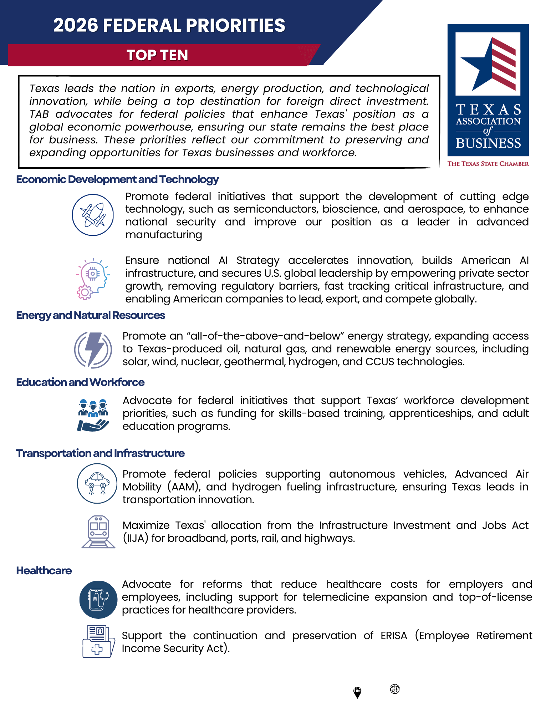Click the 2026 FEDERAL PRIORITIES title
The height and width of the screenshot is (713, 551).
[169, 26]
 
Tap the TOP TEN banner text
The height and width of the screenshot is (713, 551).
[157, 55]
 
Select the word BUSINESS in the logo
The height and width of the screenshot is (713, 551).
[488, 143]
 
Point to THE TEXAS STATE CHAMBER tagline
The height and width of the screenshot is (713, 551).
[488, 164]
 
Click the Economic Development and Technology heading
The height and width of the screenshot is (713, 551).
[117, 179]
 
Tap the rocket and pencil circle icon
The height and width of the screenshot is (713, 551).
[93, 215]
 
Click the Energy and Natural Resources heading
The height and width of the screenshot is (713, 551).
[91, 315]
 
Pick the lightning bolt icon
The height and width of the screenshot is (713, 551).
[93, 350]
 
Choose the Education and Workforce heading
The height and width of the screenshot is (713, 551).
[80, 382]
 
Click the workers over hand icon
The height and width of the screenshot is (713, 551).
[93, 415]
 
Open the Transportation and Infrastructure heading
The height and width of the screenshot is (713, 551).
[100, 453]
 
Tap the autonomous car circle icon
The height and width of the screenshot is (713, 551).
[97, 483]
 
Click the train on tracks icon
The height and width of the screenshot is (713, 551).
[98, 531]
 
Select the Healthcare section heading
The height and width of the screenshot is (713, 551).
[44, 571]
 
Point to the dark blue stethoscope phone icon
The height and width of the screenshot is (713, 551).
[98, 600]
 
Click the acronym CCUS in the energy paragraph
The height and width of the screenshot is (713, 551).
[379, 362]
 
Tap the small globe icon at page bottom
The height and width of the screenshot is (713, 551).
[395, 689]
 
